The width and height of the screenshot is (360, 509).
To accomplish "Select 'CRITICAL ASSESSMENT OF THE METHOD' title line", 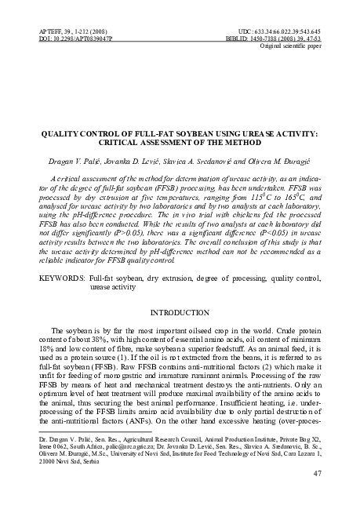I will click(x=180, y=144).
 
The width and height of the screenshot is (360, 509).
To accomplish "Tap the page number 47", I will click(x=318, y=474).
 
